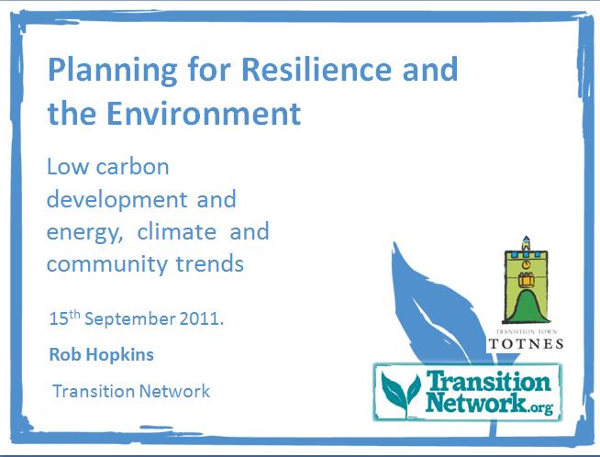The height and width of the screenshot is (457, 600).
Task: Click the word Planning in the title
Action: coord(113,71)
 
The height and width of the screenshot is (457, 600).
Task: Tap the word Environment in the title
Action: coord(204,113)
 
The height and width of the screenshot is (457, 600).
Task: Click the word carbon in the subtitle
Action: coord(132,167)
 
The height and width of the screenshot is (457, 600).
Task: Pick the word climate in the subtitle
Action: coord(176,232)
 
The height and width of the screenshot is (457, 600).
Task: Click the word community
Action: coord(107,265)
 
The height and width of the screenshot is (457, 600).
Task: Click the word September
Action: coord(130,319)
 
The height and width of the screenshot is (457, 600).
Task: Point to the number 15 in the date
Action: coord(59,318)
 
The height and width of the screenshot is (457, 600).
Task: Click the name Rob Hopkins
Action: coord(102,354)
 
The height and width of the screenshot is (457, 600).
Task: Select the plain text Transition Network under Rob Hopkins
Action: coord(131,391)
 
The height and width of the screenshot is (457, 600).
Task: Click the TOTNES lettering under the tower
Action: coord(526,344)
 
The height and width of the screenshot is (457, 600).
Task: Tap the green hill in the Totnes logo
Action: coord(527,307)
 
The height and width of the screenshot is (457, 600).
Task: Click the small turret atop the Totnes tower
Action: coord(527,243)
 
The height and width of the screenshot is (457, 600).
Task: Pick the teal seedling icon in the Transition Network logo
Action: coord(401,392)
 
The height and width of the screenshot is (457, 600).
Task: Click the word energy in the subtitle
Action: coord(83,233)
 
